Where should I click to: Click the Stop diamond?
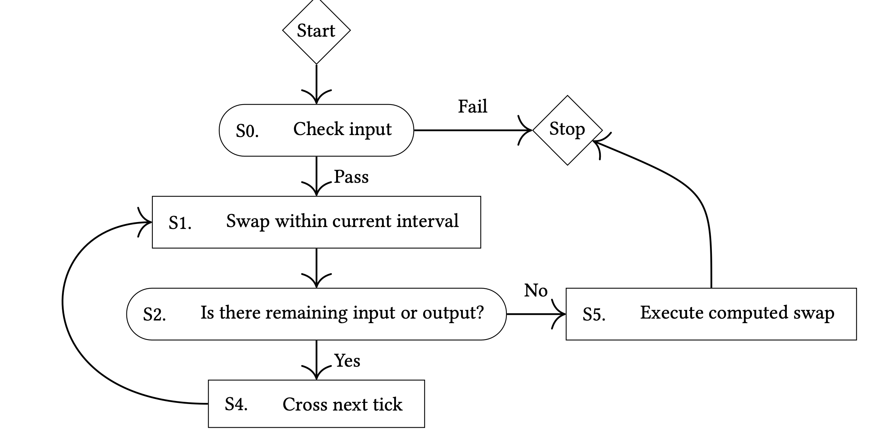[567, 130]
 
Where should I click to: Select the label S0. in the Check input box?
[247, 131]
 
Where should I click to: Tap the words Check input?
[342, 129]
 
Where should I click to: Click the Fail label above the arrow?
[472, 106]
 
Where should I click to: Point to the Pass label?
[351, 177]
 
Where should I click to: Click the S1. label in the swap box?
[180, 223]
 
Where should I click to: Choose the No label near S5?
[535, 291]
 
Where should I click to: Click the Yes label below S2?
[347, 361]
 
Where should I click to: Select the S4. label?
[236, 404]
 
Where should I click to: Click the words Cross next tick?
[342, 404]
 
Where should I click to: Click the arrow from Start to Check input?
[316, 82]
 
